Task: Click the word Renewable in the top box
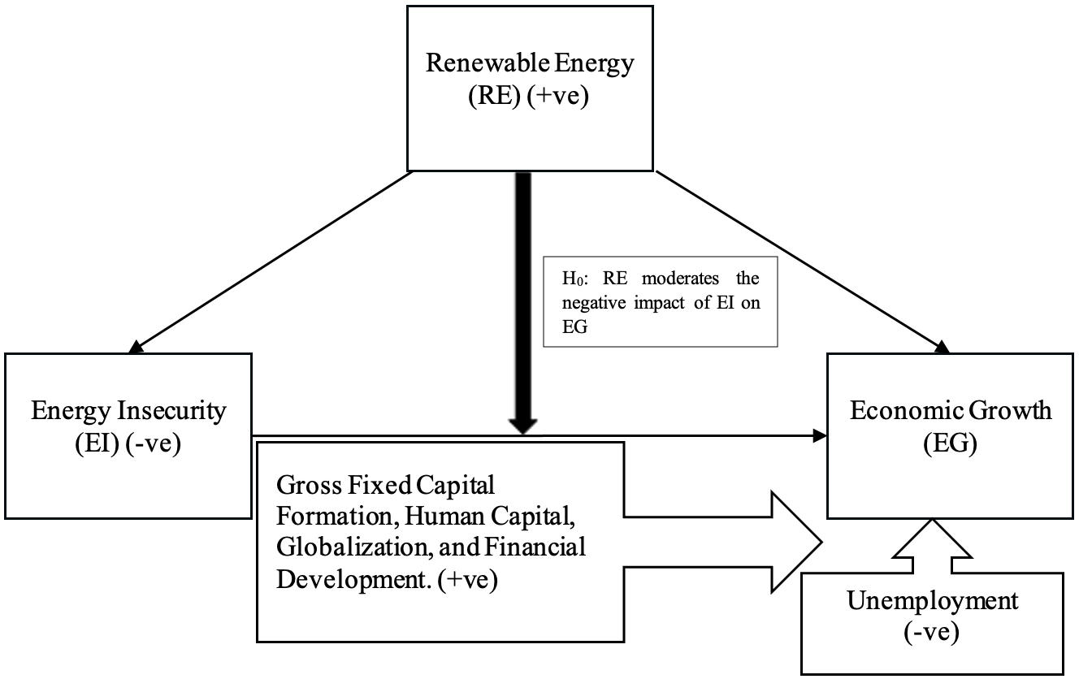(487, 63)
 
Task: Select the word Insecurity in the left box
(171, 411)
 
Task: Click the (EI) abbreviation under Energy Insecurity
(97, 443)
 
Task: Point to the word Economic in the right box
(906, 410)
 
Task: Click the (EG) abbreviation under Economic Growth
(950, 443)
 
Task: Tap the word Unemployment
(933, 601)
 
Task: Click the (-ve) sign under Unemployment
(932, 632)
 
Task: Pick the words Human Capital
(490, 517)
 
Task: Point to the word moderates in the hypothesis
(680, 279)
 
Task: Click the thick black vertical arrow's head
(523, 426)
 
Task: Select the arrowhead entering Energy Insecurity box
(136, 347)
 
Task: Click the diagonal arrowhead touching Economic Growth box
(942, 347)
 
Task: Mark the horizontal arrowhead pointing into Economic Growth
(820, 436)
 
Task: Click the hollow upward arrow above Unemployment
(932, 547)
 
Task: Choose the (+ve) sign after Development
(467, 579)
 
